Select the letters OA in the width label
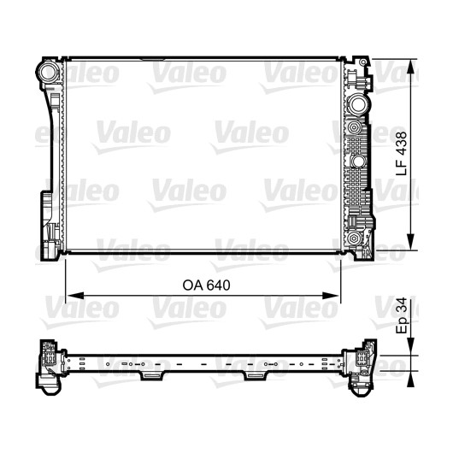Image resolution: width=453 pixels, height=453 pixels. pyautogui.click(x=192, y=285)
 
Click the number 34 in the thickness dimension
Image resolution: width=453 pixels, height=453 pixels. pyautogui.click(x=401, y=304)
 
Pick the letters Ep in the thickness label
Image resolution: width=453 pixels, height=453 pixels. pyautogui.click(x=403, y=326)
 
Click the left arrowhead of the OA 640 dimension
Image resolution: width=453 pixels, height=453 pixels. pyautogui.click(x=75, y=296)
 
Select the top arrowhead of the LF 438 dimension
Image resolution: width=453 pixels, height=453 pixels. pyautogui.click(x=410, y=68)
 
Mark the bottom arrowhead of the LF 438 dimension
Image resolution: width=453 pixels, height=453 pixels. pyautogui.click(x=410, y=241)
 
